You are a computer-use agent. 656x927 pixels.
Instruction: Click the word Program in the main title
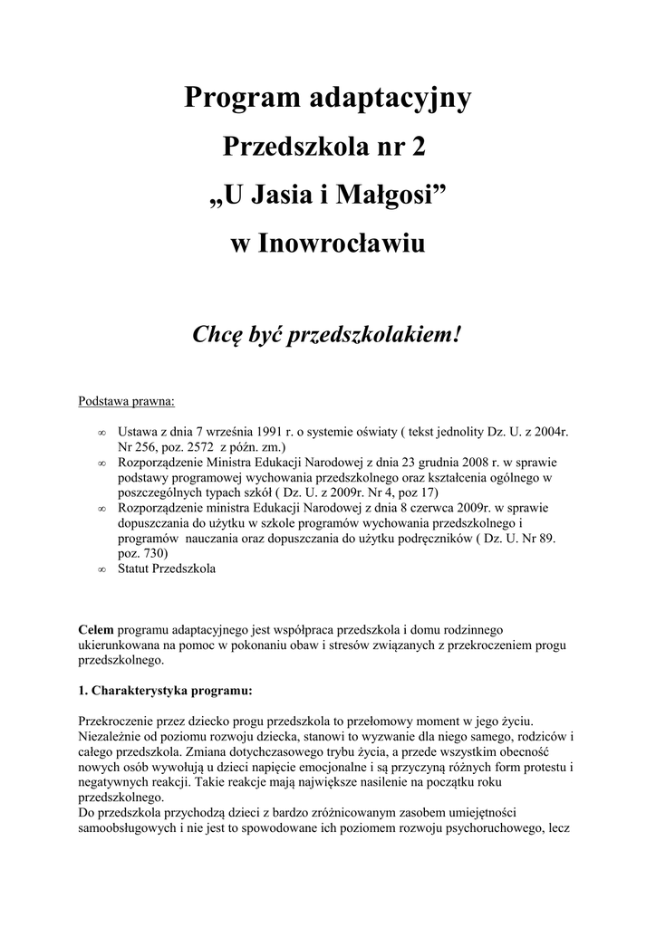coord(238,99)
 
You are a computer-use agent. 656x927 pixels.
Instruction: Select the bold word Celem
coord(96,629)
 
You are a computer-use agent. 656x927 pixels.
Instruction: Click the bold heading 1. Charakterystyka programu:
coord(166,691)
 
